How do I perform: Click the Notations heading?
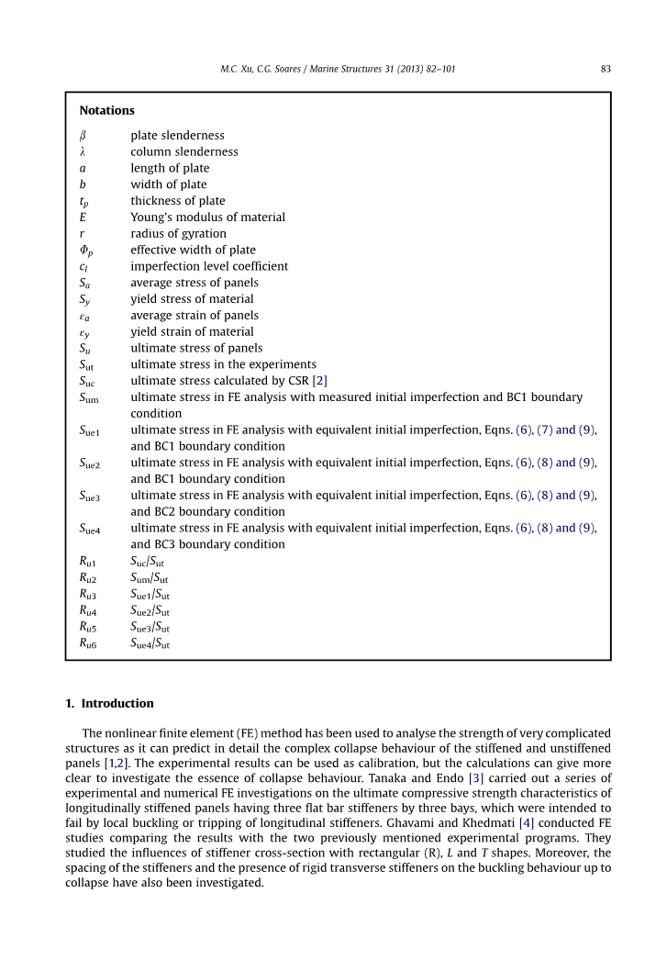click(106, 110)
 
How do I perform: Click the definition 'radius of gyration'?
click(178, 234)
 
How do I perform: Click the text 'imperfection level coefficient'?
click(209, 266)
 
